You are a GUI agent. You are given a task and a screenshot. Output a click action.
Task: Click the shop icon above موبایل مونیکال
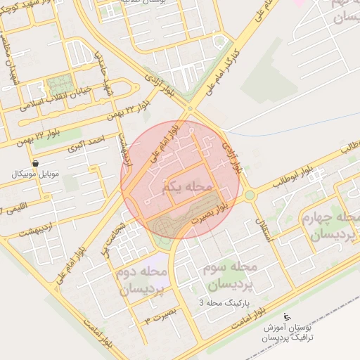point(35,162)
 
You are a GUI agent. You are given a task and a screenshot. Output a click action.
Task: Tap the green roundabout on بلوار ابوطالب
point(249,195)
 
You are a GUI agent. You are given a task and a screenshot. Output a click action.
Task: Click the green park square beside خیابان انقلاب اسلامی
point(60,84)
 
